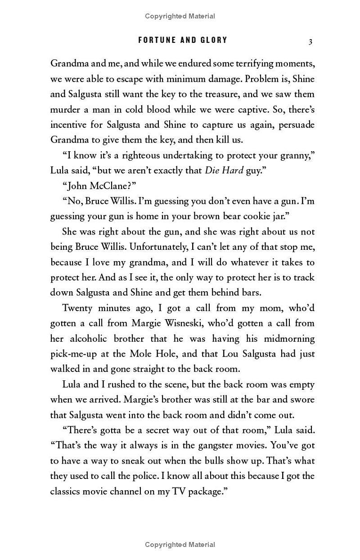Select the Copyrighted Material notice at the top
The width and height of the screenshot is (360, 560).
[x=180, y=16]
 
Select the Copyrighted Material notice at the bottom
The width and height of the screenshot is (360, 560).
[x=180, y=545]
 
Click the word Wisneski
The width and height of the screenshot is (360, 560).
[x=200, y=323]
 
